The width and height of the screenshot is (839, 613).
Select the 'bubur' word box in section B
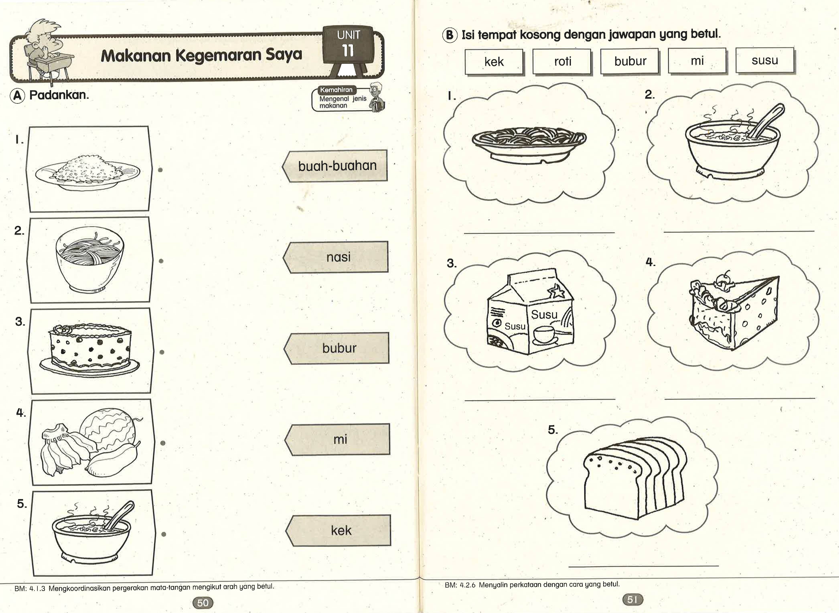point(630,61)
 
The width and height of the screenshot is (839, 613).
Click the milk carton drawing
point(530,314)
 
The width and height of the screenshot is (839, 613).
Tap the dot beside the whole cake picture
point(162,352)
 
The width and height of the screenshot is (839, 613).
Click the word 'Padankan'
point(59,95)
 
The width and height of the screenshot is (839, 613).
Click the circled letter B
point(450,35)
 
